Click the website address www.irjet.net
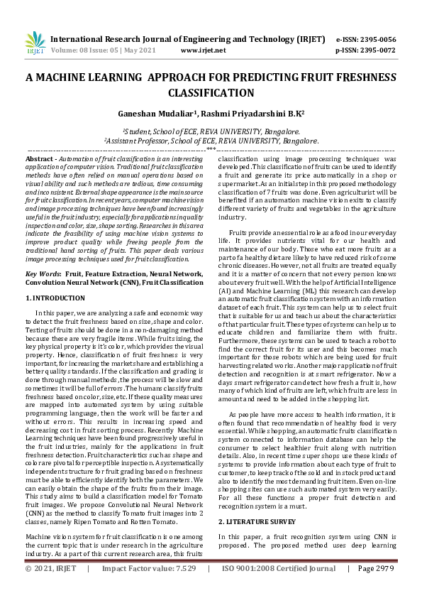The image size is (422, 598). pos(204,51)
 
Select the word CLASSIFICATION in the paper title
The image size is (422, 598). pos(211,93)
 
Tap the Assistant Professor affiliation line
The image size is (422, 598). pos(211,141)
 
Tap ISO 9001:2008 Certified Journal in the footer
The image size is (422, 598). pos(279,589)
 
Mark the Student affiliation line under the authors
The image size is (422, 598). pos(211,131)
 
